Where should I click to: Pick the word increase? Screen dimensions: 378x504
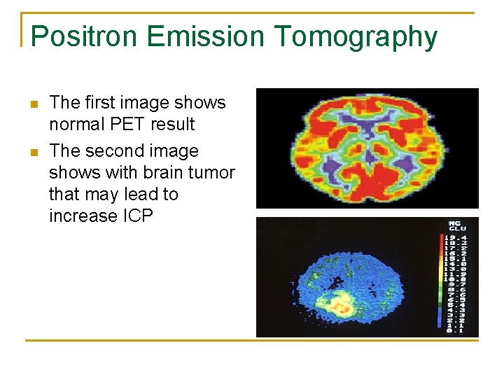coord(81,216)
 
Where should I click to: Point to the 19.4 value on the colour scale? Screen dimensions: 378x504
coord(458,239)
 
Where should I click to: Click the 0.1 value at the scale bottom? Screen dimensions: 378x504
coord(458,329)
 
